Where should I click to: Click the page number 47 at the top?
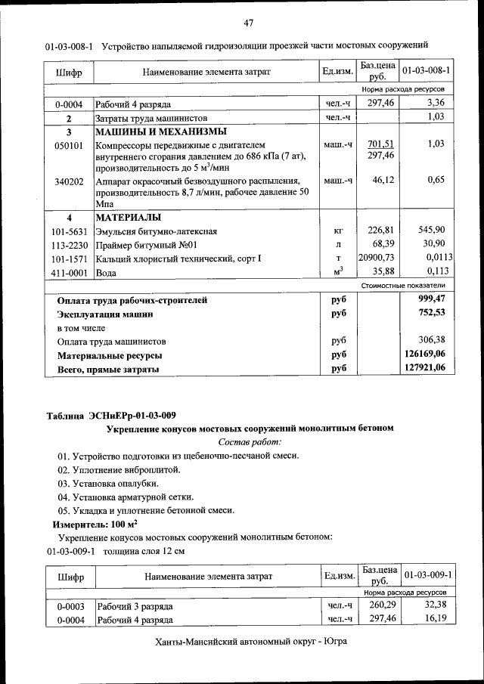click(x=248, y=21)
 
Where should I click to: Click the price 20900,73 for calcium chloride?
click(x=376, y=258)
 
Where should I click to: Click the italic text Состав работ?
click(x=250, y=441)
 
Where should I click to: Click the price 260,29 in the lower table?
click(x=381, y=605)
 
